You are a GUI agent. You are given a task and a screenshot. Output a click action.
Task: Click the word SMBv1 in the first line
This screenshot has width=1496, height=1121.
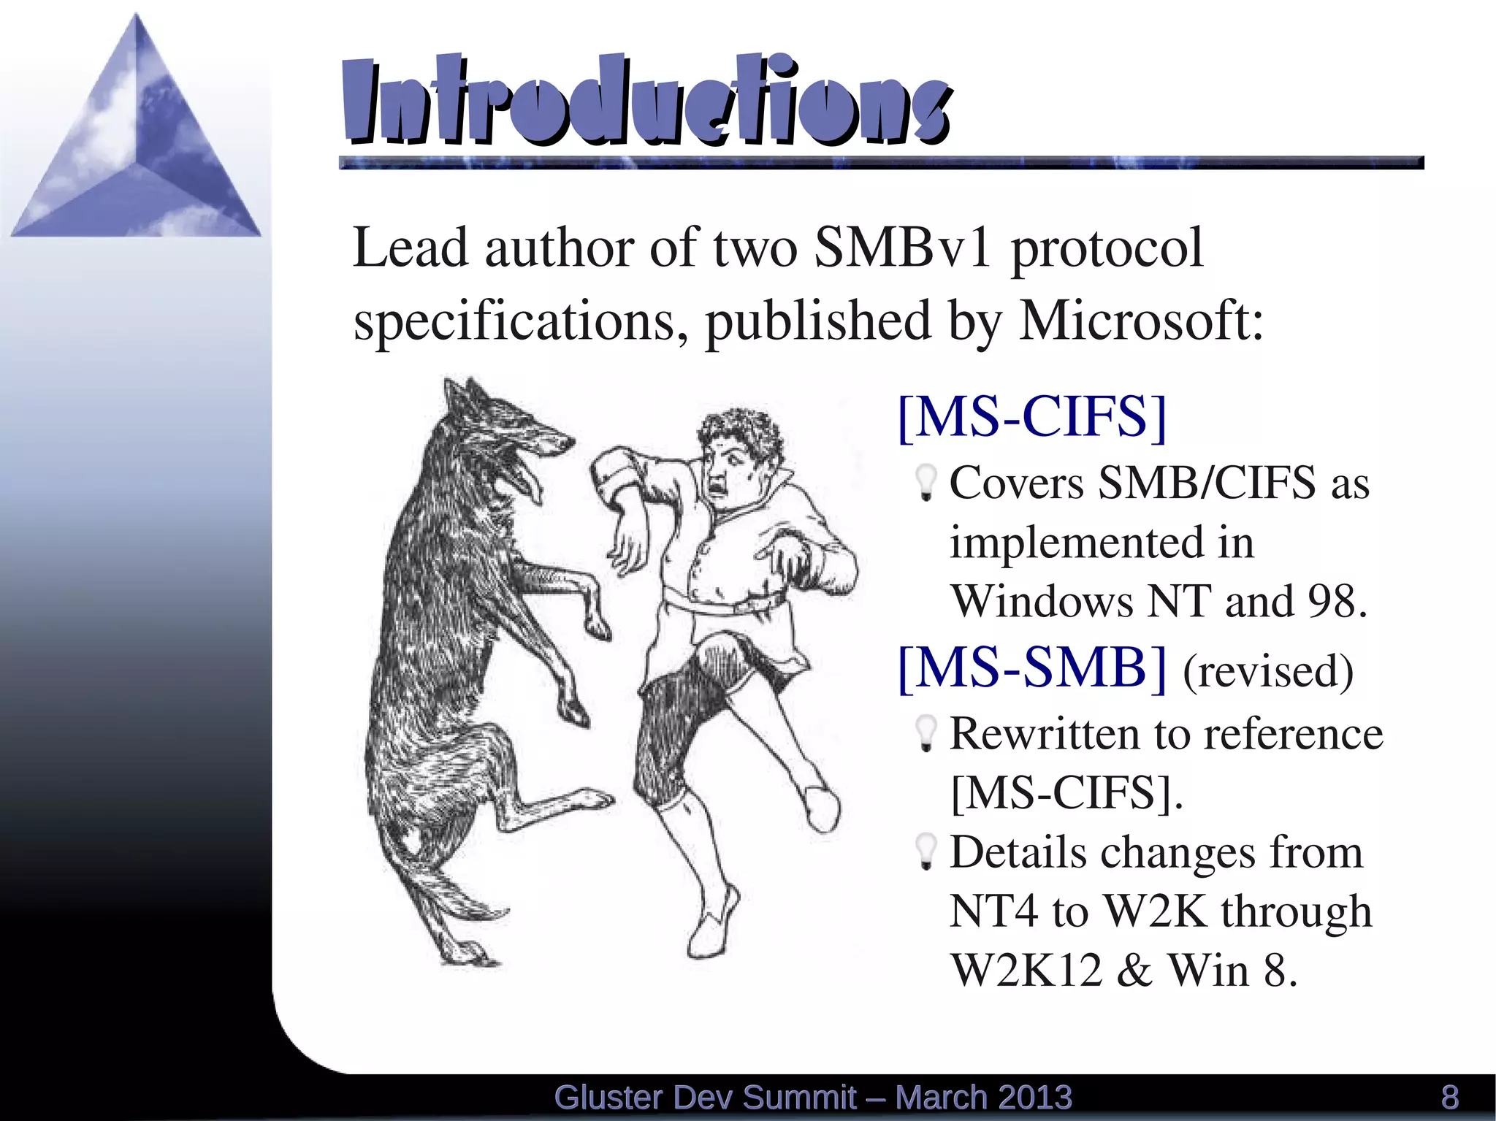pos(902,248)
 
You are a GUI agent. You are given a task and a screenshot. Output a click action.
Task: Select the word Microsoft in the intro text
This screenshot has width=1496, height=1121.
pos(1140,321)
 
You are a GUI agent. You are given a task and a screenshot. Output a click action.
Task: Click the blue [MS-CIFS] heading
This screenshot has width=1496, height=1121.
pos(1032,417)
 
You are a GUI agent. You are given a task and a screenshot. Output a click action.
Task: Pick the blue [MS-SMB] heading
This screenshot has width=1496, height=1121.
pos(1032,668)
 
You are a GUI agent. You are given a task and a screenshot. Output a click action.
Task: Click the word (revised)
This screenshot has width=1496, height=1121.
pos(1267,671)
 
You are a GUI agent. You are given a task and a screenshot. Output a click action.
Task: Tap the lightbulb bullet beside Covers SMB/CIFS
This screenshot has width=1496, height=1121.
pos(926,483)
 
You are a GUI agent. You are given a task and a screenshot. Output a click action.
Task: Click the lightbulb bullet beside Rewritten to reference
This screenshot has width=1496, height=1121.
pos(926,733)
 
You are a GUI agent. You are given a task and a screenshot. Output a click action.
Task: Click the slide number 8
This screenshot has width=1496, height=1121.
pos(1450,1098)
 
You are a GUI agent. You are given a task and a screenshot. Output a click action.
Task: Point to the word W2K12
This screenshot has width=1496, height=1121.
pos(1026,971)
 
